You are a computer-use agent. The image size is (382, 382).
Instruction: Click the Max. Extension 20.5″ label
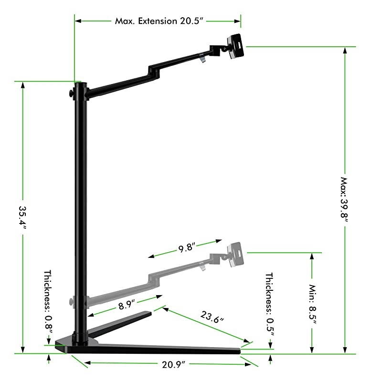pyautogui.click(x=159, y=21)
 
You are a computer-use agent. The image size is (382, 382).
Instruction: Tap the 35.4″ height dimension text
pyautogui.click(x=22, y=218)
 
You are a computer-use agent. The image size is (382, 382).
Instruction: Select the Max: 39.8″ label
pyautogui.click(x=344, y=200)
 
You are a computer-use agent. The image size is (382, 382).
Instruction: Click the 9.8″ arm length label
pyautogui.click(x=187, y=248)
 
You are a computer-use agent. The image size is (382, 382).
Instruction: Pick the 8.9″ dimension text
pyautogui.click(x=127, y=305)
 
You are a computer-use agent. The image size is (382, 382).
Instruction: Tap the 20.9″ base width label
pyautogui.click(x=173, y=365)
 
